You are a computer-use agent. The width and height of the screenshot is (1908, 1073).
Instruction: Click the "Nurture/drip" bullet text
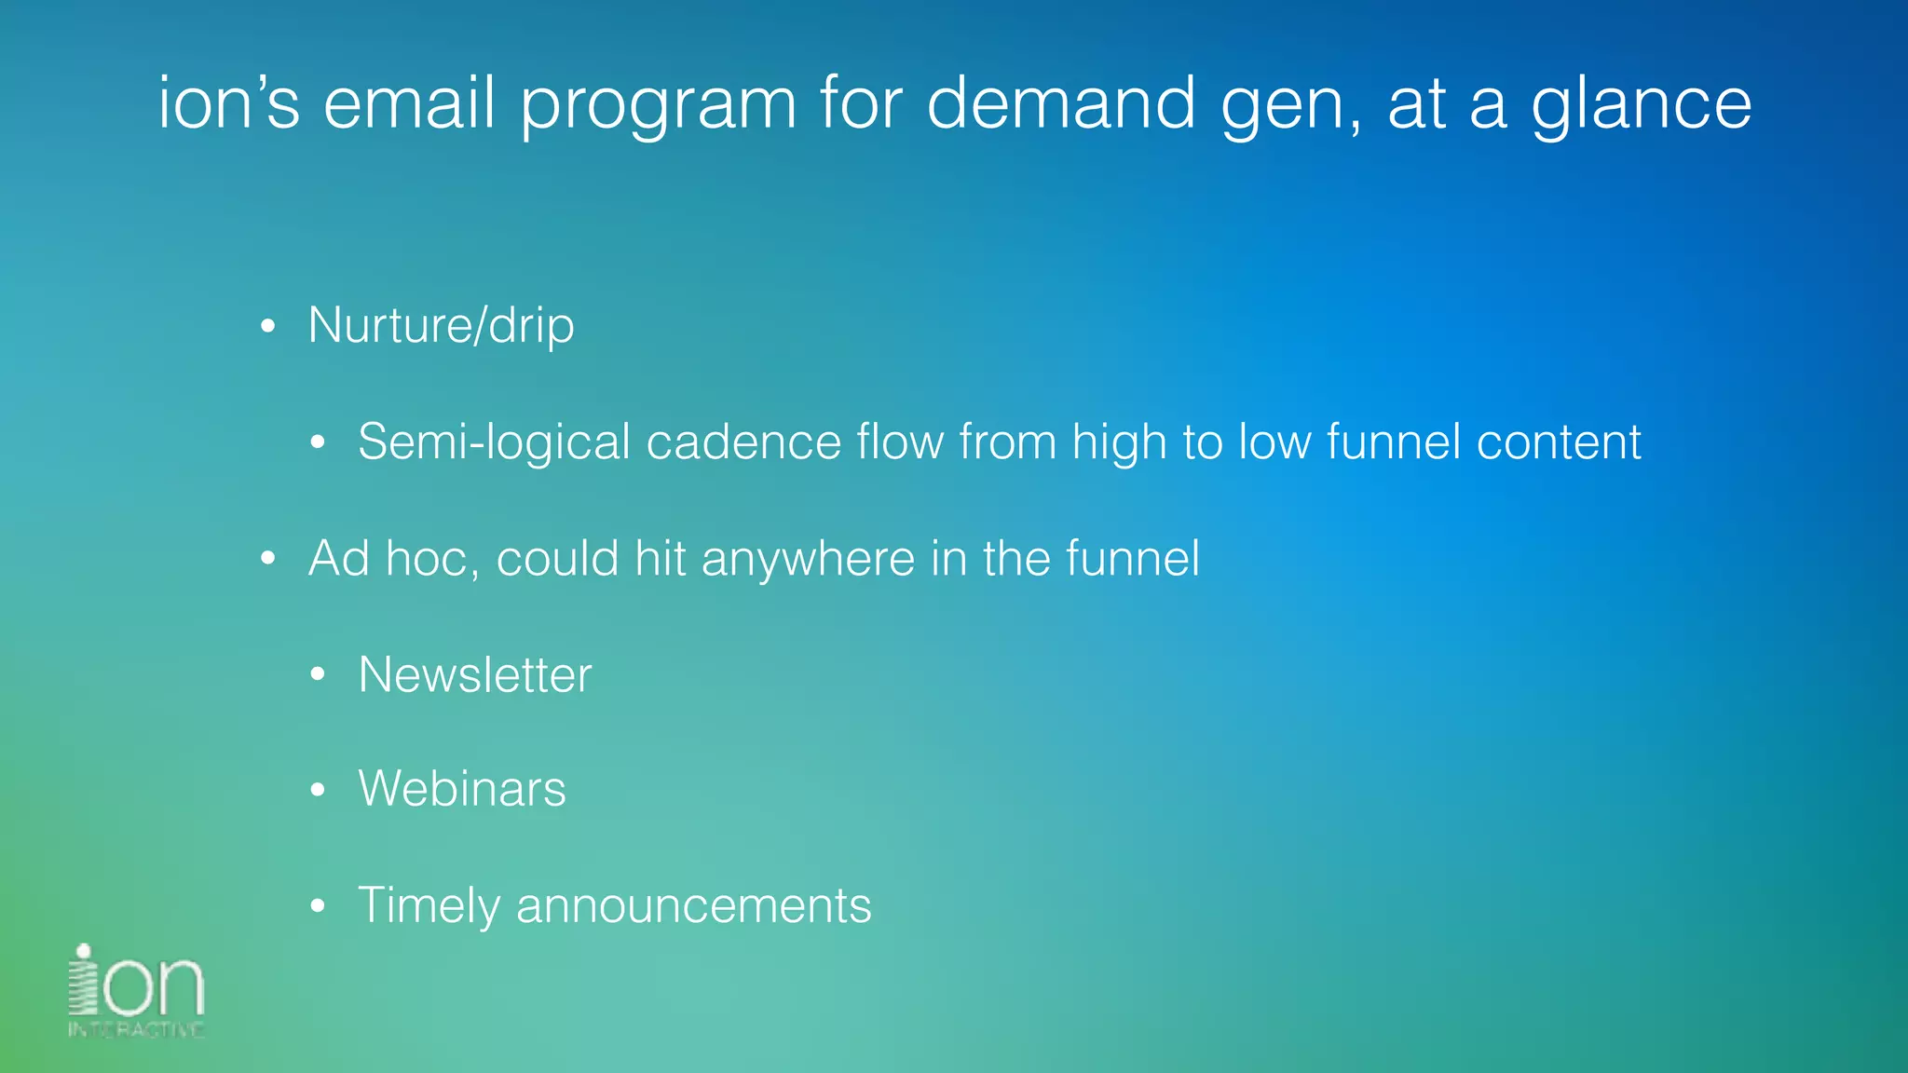[x=441, y=325]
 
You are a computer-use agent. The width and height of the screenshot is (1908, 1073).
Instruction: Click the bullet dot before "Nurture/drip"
[x=268, y=327]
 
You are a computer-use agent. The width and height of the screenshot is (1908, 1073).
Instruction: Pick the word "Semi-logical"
[x=494, y=442]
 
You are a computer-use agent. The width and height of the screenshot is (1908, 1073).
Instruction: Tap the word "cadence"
[x=743, y=441]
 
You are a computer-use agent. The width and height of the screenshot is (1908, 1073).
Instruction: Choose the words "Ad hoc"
[x=392, y=558]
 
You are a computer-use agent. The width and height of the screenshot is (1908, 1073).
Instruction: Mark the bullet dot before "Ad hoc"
[x=268, y=559]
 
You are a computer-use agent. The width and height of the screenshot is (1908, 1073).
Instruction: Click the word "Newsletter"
[x=474, y=674]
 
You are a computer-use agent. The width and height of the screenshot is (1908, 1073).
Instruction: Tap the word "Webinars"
[x=461, y=789]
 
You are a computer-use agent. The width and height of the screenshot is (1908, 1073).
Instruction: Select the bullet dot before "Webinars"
[x=318, y=791]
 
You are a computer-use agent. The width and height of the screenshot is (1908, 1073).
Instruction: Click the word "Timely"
[x=429, y=906]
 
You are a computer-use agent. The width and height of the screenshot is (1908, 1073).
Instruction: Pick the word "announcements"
[x=693, y=906]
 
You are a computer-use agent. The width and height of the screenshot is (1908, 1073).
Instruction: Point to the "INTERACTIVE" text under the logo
[x=136, y=1029]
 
